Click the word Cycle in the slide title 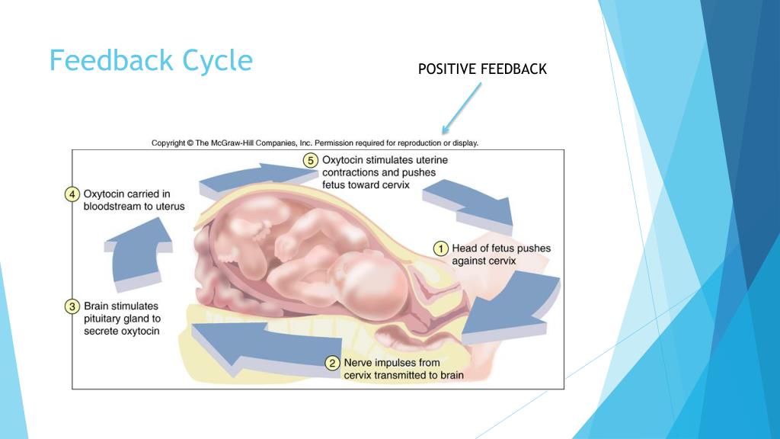[x=217, y=60]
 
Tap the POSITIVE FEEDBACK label [x=482, y=69]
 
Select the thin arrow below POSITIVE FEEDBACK [x=462, y=106]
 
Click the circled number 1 [x=440, y=248]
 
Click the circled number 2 [x=332, y=364]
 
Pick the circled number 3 [x=72, y=306]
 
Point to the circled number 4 [x=72, y=194]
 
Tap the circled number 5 [x=310, y=161]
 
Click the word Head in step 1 [x=466, y=248]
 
